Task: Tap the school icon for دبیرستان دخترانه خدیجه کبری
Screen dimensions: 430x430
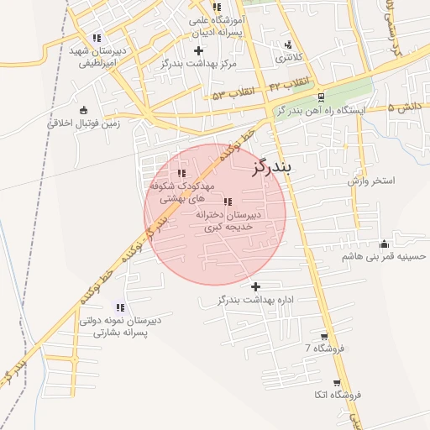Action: pos(228,202)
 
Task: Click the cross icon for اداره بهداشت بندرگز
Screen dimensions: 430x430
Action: pos(256,286)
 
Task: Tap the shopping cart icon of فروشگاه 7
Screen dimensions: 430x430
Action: pos(324,336)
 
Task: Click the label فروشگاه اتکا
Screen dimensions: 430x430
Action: pos(336,395)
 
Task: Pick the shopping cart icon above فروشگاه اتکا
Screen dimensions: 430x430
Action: pos(337,383)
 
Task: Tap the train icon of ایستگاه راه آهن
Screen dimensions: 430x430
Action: pos(321,97)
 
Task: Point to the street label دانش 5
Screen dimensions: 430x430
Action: pos(405,107)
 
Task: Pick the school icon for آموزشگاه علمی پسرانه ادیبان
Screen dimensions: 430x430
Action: pos(218,8)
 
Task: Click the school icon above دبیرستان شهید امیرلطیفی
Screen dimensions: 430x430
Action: pos(97,38)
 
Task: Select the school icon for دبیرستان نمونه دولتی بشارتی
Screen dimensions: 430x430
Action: pos(119,307)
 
